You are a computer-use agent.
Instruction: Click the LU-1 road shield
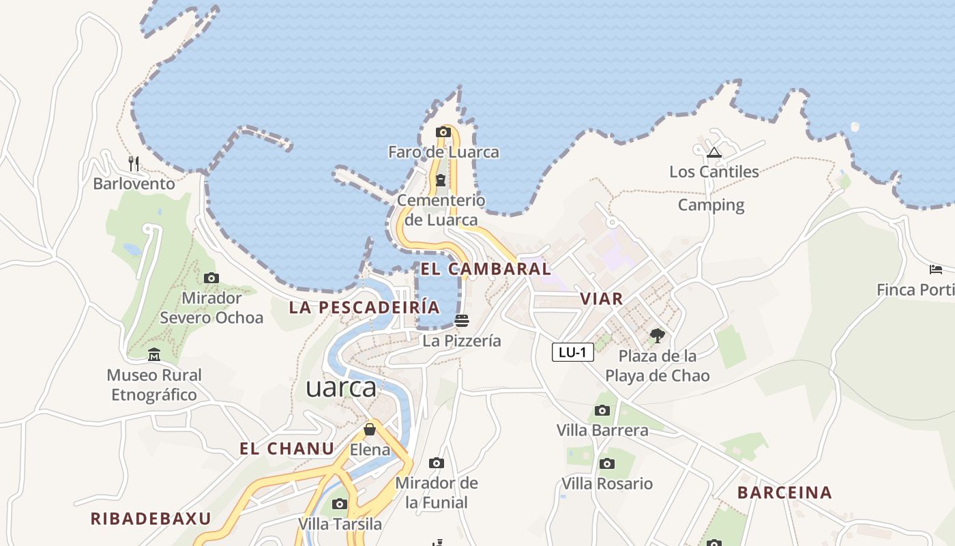[572, 352]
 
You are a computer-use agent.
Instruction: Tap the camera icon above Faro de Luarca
[443, 132]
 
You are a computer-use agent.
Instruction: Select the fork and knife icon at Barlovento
[134, 164]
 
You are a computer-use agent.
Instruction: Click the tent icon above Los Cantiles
[714, 152]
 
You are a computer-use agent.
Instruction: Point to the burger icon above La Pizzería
[462, 320]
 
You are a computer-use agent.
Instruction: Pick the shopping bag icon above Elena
[370, 429]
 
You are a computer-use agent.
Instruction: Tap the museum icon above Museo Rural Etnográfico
[154, 355]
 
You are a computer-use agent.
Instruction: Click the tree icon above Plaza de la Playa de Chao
[658, 335]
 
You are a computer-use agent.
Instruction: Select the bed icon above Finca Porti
[936, 270]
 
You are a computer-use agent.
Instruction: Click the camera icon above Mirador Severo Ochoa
[211, 278]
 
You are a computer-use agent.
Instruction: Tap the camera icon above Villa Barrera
[602, 410]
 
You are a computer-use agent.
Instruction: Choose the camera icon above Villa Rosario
[606, 464]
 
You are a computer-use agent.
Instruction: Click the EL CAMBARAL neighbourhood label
[485, 269]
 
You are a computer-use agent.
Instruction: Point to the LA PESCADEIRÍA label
[364, 307]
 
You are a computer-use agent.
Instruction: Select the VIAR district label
[601, 298]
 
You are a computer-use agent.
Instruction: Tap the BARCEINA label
[784, 493]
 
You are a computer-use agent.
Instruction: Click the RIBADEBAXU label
[151, 519]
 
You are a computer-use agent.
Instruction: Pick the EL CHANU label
[287, 449]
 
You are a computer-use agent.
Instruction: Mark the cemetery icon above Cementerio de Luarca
[441, 180]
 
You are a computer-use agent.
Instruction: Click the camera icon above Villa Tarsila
[340, 504]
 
